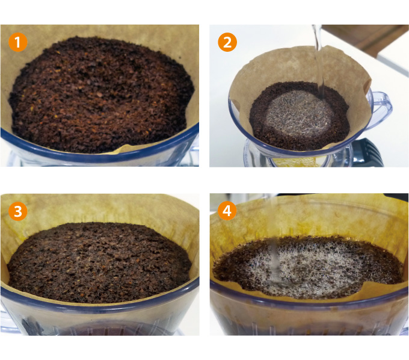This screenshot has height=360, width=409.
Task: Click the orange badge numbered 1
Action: [17, 42]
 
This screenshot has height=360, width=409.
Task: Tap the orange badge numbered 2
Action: [227, 42]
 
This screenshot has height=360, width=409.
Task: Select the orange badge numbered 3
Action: [17, 211]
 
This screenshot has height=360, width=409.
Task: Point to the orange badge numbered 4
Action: [227, 211]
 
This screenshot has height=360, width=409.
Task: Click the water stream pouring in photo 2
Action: [319, 63]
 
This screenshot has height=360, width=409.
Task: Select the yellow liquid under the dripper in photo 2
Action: [297, 162]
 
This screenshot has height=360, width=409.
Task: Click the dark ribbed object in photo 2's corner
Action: [367, 154]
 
